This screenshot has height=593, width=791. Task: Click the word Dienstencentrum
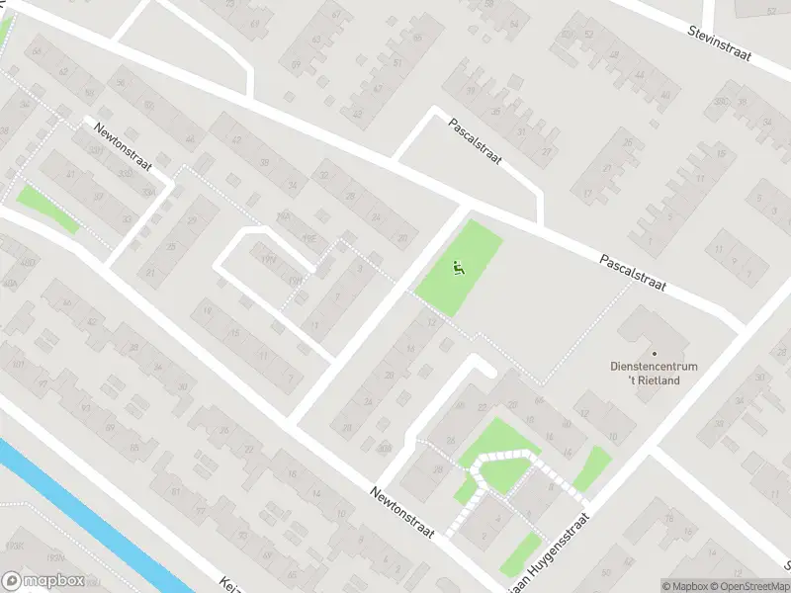click(x=654, y=367)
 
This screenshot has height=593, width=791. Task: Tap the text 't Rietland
click(x=654, y=381)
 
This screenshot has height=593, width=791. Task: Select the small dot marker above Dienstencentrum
click(x=654, y=353)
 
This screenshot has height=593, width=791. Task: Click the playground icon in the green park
click(x=457, y=266)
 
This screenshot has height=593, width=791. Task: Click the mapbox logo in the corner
click(x=42, y=581)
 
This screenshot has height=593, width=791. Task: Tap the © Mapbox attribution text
click(x=686, y=586)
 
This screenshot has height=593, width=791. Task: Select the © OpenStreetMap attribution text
click(x=751, y=586)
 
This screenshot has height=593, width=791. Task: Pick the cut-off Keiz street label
click(x=230, y=583)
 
